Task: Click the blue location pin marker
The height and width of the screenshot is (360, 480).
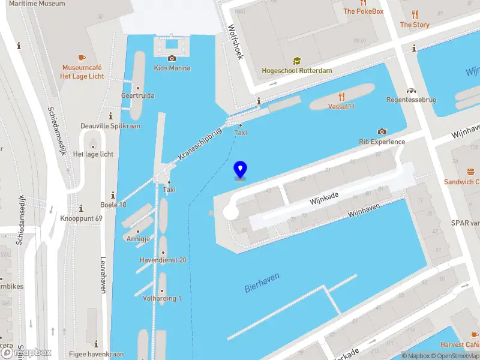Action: click(240, 170)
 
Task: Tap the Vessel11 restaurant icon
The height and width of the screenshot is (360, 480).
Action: click(341, 96)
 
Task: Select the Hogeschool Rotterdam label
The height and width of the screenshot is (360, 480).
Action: click(296, 71)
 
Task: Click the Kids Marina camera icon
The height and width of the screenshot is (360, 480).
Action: click(172, 58)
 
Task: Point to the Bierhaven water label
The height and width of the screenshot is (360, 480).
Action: click(262, 281)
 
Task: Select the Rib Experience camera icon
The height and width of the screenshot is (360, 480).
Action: click(382, 131)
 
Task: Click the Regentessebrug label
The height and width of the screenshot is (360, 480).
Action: click(411, 100)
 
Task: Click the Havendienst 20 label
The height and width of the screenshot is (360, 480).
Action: click(163, 260)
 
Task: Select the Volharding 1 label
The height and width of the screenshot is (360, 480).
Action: click(162, 298)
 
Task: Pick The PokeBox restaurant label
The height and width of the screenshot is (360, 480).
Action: click(363, 11)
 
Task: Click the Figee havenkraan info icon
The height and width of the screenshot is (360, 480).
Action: click(97, 344)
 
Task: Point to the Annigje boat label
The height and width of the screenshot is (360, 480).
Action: click(137, 239)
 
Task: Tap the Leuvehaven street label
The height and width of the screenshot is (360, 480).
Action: click(103, 275)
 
